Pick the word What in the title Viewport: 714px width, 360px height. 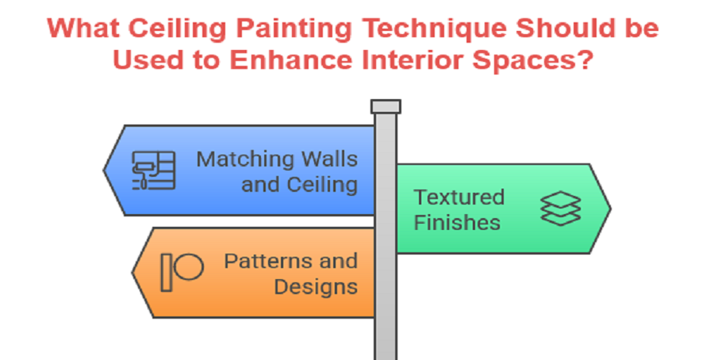(x=80, y=29)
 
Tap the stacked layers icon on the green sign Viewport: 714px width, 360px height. (x=561, y=208)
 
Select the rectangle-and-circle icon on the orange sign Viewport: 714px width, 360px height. (x=182, y=271)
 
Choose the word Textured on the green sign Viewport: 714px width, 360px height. (x=459, y=197)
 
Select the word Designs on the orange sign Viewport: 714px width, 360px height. (x=316, y=285)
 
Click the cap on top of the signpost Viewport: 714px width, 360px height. (x=386, y=106)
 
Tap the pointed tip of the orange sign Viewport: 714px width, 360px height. (x=132, y=272)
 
